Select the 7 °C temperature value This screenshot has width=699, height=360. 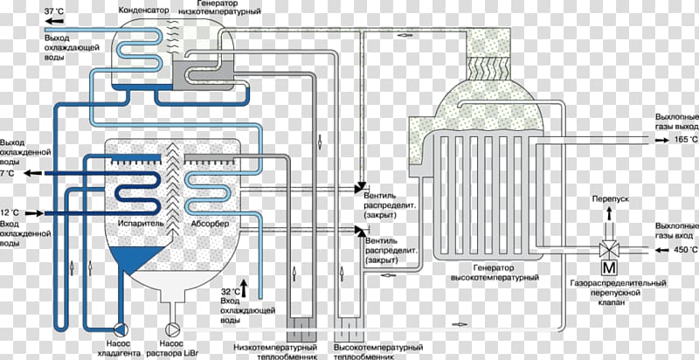[x=8, y=173]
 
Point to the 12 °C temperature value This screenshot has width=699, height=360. [x=10, y=212]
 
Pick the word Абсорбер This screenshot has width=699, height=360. [x=210, y=224]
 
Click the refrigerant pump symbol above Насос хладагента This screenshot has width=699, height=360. [x=121, y=329]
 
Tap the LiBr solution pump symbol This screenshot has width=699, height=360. [x=171, y=329]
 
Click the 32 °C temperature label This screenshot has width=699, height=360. [x=231, y=292]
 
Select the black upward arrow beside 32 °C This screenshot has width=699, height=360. [x=244, y=288]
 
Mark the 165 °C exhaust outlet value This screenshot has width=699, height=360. [x=687, y=140]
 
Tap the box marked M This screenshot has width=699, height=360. [x=607, y=267]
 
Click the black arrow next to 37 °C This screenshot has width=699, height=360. [x=54, y=20]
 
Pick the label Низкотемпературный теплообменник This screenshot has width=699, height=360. [x=275, y=352]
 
